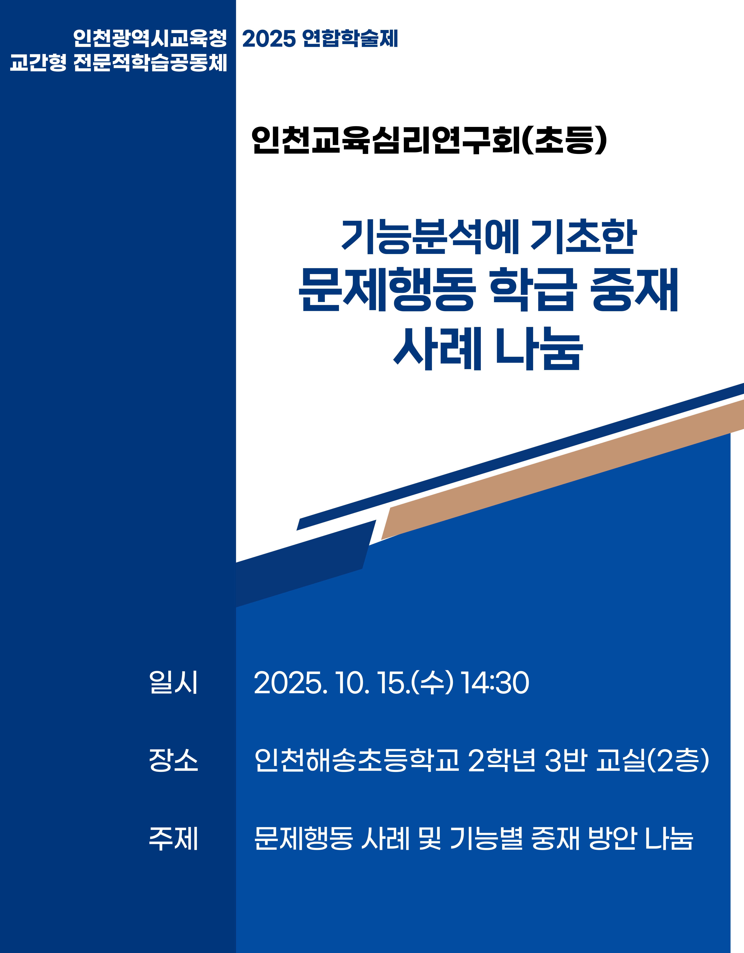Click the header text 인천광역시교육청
150,38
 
